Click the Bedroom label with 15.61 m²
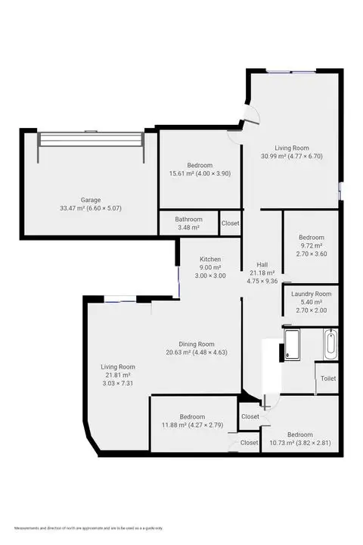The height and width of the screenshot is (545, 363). pos(200,165)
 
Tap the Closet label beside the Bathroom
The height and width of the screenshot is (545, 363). pos(231,223)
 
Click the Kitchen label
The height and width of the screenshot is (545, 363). pos(209,259)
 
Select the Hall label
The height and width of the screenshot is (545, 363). pos(262,264)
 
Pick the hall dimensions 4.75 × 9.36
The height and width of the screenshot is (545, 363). pos(262,281)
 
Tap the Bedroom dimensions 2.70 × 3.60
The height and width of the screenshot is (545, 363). pos(311,254)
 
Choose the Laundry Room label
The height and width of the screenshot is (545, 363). pos(311,294)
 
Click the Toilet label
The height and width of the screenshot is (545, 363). pos(327,378)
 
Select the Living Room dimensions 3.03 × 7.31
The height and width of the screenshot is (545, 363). pos(117,384)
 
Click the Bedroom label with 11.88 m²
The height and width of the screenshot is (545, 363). pos(192,417)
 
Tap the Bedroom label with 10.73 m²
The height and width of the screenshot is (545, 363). pos(299,434)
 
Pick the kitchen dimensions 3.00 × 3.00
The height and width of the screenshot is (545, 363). pos(209,276)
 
